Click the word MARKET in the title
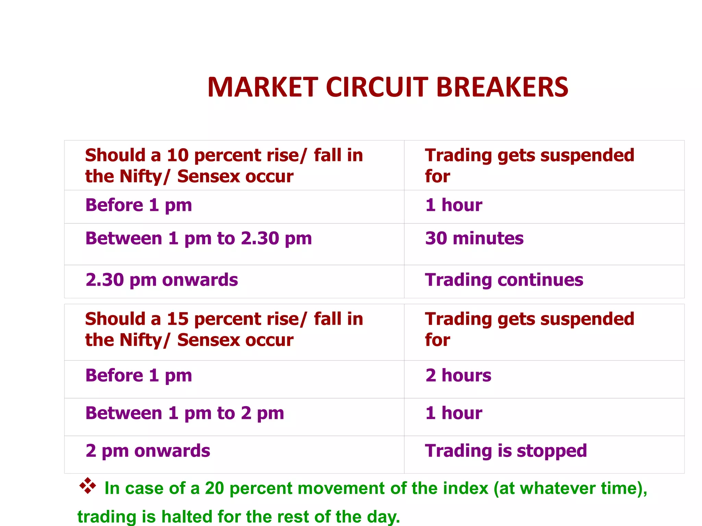[263, 87]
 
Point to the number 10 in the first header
[178, 155]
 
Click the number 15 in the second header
[178, 319]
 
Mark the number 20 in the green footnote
[214, 488]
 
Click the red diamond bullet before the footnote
[88, 486]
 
